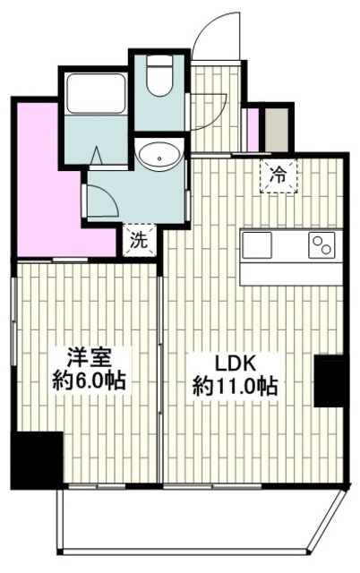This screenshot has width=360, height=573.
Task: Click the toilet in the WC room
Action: click(159, 75)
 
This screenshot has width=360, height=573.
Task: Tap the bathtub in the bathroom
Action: click(96, 94)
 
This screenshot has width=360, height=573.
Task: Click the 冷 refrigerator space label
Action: click(279, 176)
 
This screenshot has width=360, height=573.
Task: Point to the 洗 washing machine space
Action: click(140, 241)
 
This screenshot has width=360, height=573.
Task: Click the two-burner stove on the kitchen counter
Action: click(321, 244)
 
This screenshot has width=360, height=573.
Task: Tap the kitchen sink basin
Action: click(257, 244)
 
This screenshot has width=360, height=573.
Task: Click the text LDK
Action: click(235, 363)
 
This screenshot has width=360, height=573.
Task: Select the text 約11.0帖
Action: click(235, 386)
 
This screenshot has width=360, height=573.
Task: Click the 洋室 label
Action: click(89, 358)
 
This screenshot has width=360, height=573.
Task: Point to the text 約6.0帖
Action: click(90, 381)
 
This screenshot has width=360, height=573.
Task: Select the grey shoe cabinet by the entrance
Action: click(277, 129)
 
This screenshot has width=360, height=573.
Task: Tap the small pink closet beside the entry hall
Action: click(253, 130)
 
